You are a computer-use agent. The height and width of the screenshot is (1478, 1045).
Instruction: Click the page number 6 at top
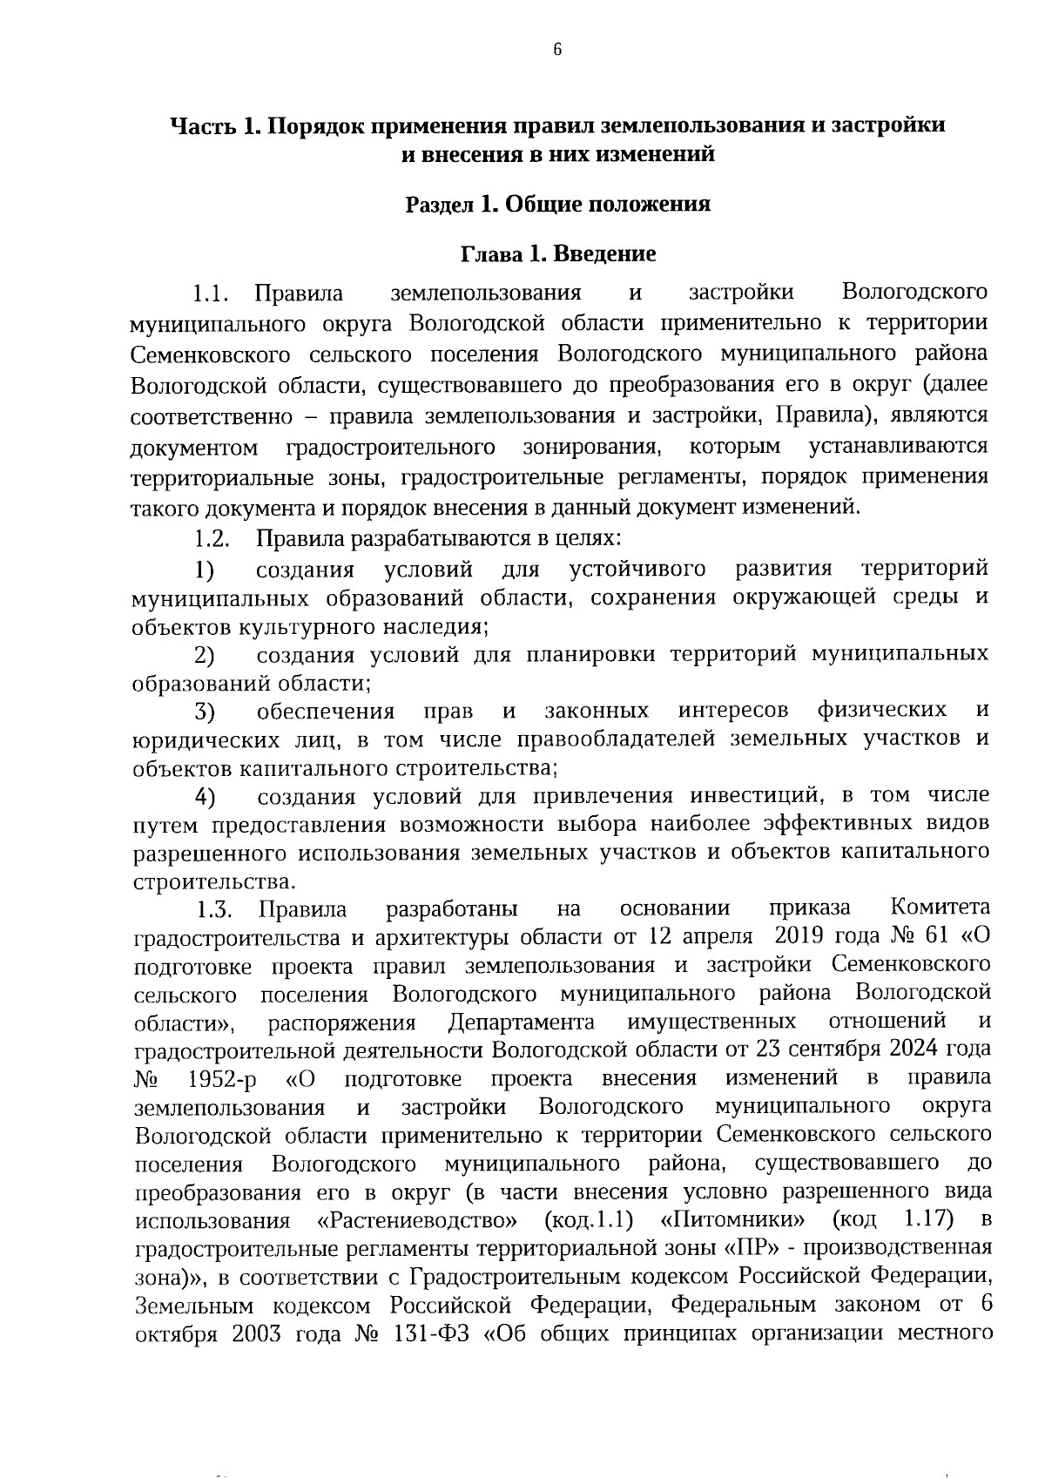pos(557,50)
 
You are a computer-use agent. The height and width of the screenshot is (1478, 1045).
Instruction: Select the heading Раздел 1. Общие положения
pos(557,205)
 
